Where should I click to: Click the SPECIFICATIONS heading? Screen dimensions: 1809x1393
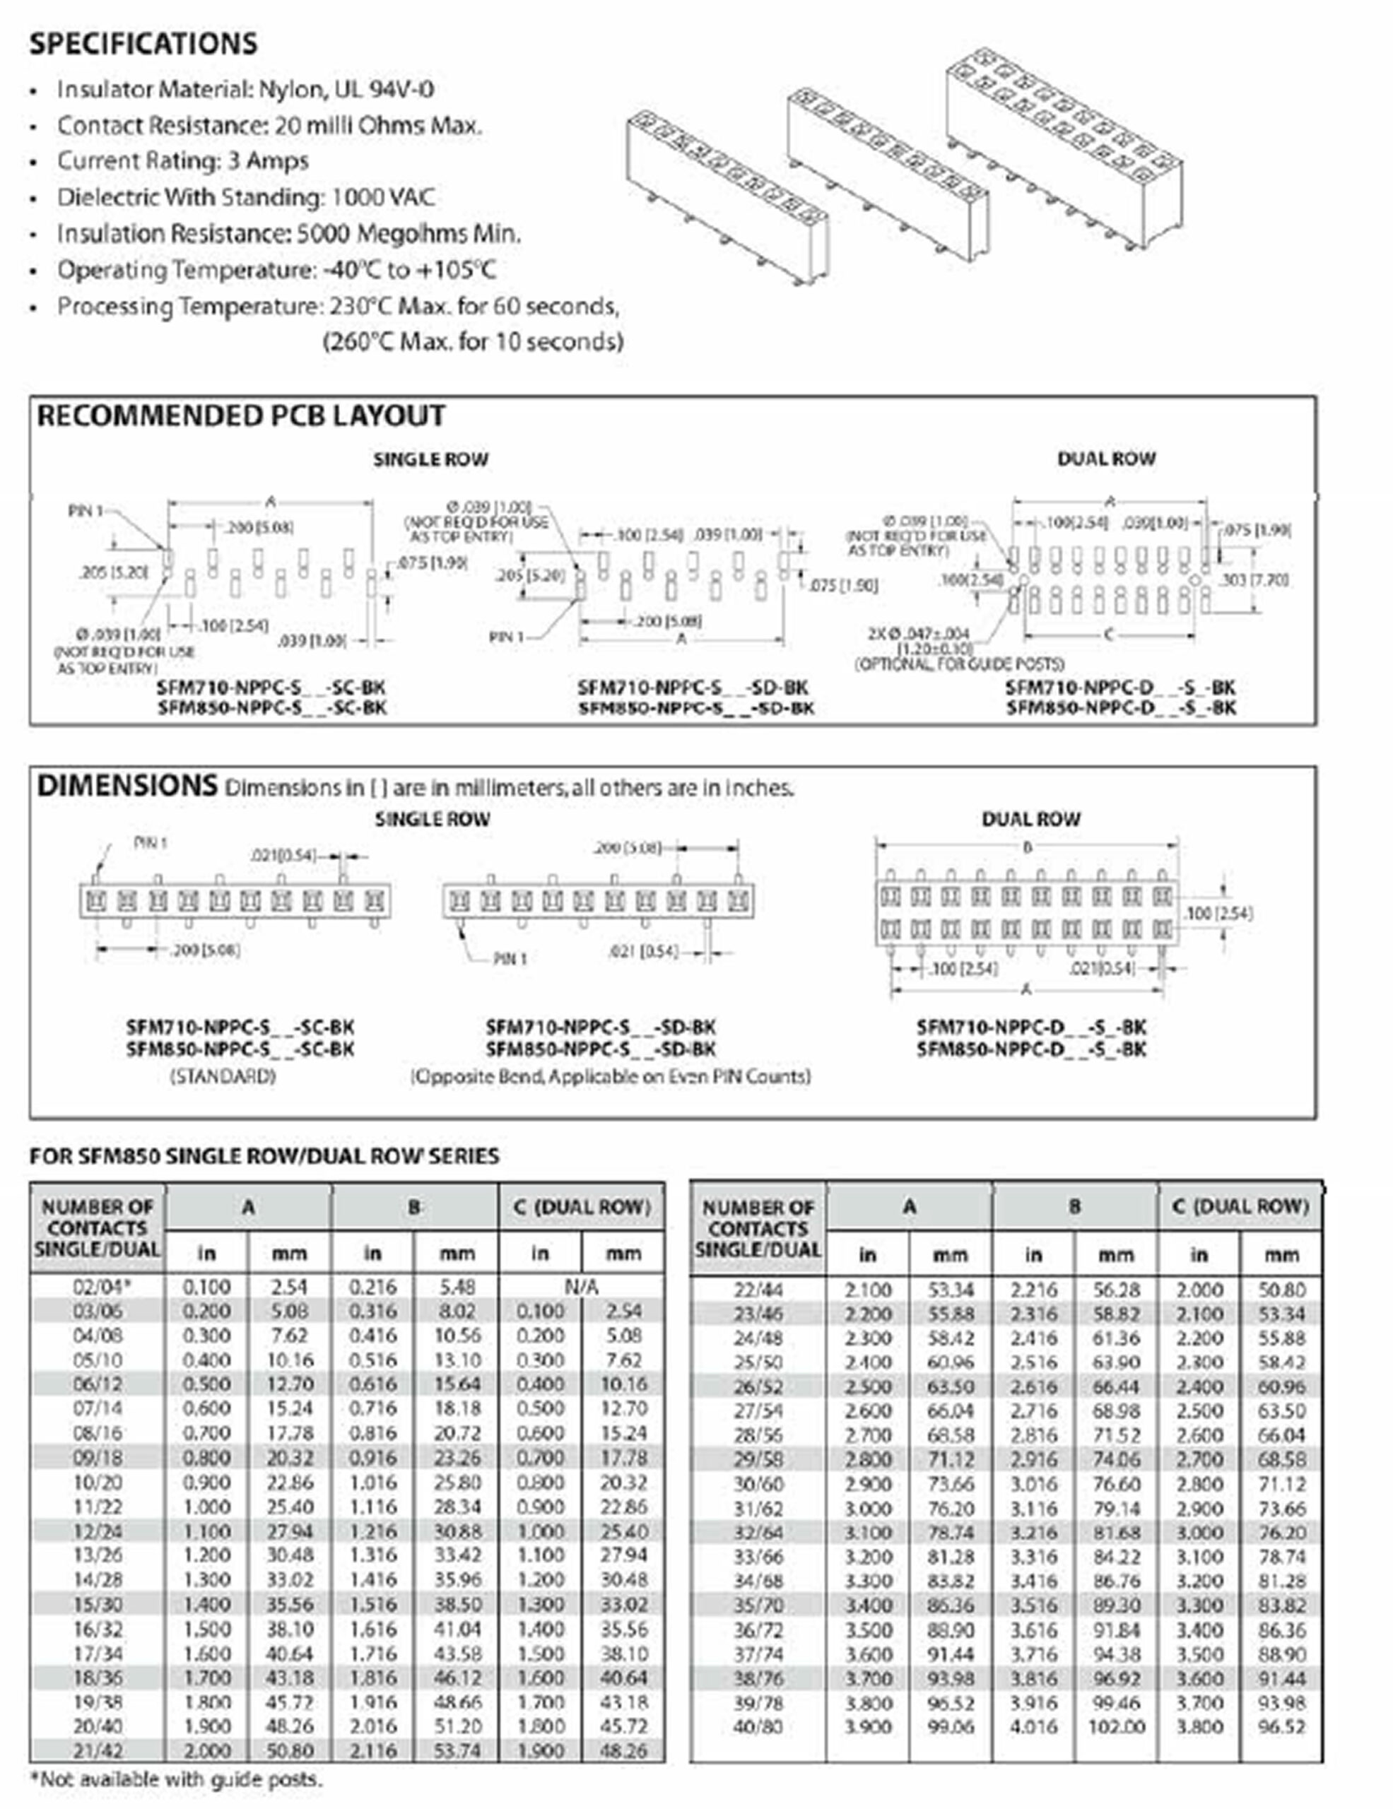pyautogui.click(x=143, y=44)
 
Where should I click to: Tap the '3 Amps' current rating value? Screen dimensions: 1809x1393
pyautogui.click(x=267, y=160)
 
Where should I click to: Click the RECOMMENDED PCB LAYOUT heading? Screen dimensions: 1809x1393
pyautogui.click(x=241, y=416)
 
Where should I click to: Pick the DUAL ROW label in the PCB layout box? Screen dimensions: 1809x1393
pyautogui.click(x=1105, y=459)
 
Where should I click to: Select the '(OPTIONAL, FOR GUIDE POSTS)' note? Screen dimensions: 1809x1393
pyautogui.click(x=959, y=664)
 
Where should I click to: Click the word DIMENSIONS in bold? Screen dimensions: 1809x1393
pyautogui.click(x=127, y=785)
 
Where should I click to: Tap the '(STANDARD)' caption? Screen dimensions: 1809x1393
pyautogui.click(x=223, y=1077)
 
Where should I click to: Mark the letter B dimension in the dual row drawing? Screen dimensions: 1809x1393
pyautogui.click(x=1027, y=847)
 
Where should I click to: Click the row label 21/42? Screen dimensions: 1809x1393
pyautogui.click(x=98, y=1751)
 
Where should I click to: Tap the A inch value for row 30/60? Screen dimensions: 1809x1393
pyautogui.click(x=867, y=1483)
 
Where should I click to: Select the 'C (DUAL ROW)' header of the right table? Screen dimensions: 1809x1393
pyautogui.click(x=1240, y=1207)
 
